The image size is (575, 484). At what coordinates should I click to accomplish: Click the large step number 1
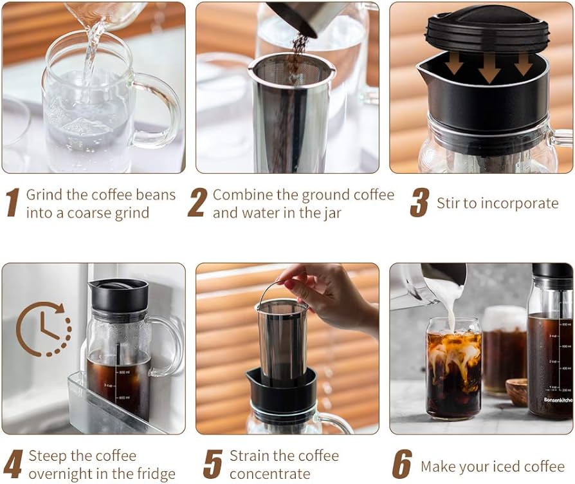[14, 202]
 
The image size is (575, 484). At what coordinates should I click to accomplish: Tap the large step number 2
[197, 202]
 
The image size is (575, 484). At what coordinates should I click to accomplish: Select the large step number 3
[419, 202]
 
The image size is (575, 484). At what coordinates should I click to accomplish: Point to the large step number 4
[13, 464]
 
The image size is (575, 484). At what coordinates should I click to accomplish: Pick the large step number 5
[213, 464]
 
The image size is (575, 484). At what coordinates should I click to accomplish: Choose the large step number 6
[402, 464]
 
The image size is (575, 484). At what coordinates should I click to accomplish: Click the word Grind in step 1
[44, 195]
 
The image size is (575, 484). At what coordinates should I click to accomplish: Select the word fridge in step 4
[156, 474]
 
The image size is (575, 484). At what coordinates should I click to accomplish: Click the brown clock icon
[44, 329]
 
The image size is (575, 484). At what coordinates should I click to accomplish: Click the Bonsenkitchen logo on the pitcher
[558, 400]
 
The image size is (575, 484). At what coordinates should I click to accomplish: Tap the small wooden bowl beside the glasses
[517, 391]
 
